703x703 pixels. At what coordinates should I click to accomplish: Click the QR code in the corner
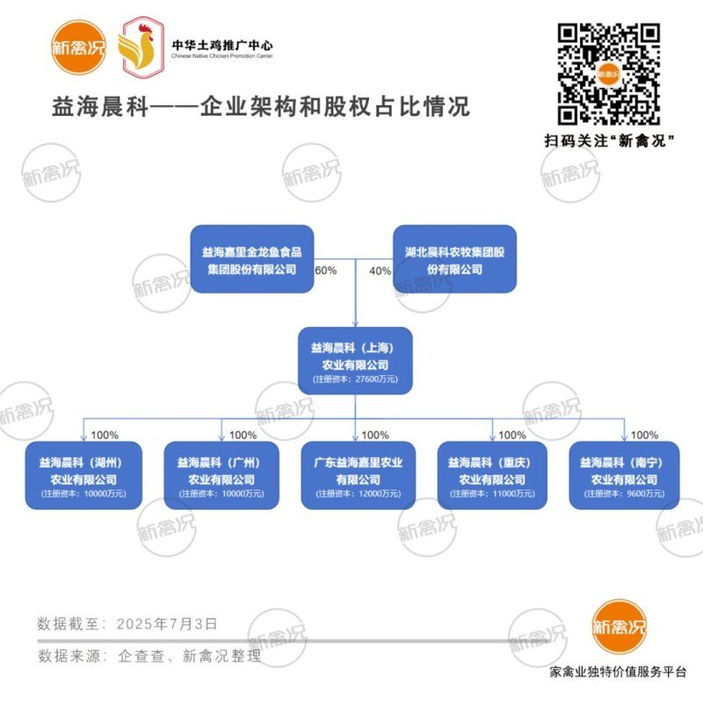tap(609, 75)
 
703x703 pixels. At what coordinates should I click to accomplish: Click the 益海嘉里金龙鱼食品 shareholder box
tap(250, 260)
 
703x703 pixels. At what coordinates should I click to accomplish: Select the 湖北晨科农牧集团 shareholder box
tap(454, 260)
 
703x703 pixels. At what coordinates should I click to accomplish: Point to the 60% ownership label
tap(326, 271)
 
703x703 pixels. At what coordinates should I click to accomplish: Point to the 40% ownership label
tap(380, 271)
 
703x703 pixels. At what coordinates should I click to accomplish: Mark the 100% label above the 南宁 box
tap(645, 435)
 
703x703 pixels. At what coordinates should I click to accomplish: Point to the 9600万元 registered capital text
tap(625, 495)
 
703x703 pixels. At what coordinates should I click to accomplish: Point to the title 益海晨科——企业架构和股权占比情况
tap(261, 107)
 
